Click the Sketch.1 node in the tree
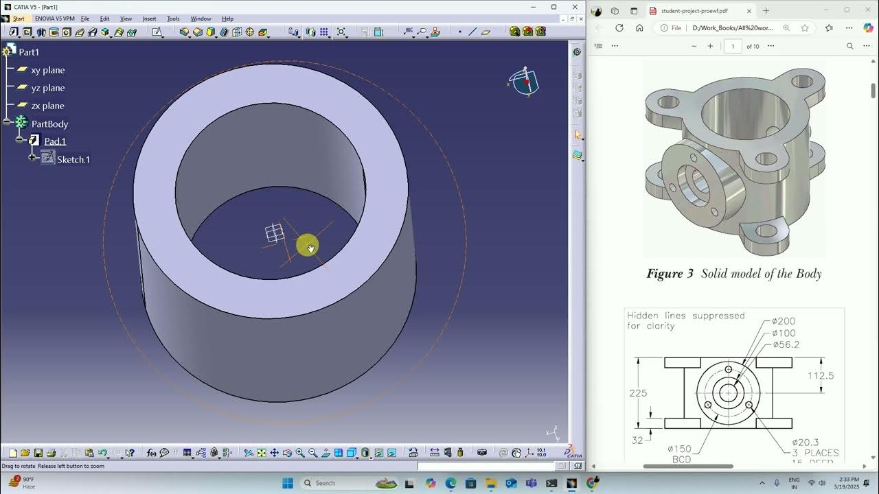73,159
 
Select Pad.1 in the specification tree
55,141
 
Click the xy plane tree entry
47,70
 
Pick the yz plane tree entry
47,88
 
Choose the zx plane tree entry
47,106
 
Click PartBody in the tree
49,124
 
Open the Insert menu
149,19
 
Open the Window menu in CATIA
201,19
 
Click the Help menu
227,19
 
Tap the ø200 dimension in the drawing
784,321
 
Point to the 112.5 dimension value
821,376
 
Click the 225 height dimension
638,393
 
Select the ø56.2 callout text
786,344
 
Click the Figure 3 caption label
670,274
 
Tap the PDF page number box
733,46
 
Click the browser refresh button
619,28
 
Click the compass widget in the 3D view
525,82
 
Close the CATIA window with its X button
575,7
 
